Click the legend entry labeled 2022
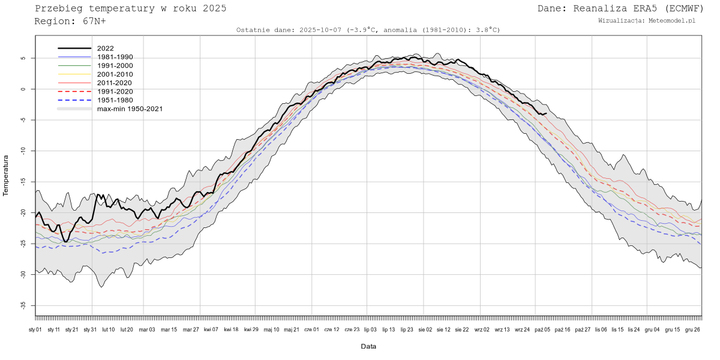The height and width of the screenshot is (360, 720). [x=105, y=48]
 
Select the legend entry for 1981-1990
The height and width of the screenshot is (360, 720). [x=115, y=56]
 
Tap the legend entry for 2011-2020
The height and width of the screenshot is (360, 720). [x=115, y=83]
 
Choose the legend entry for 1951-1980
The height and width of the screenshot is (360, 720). [x=115, y=100]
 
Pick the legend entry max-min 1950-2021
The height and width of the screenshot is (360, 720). [x=130, y=109]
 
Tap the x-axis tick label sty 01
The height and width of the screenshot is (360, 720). [x=35, y=329]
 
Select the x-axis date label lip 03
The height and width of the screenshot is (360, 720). [x=370, y=329]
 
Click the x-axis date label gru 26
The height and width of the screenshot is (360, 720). [x=692, y=329]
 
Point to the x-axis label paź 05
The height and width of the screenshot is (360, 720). [x=543, y=329]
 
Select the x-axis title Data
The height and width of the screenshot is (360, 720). [x=368, y=346]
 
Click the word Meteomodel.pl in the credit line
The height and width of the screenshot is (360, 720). [x=672, y=20]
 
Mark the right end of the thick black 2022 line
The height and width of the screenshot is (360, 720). [x=546, y=113]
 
